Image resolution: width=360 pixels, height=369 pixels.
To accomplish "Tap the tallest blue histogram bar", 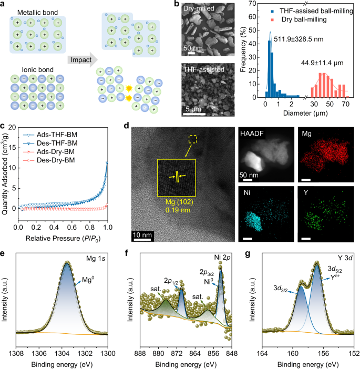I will [x=270, y=68].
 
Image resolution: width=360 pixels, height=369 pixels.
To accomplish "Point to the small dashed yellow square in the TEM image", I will [x=192, y=139].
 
